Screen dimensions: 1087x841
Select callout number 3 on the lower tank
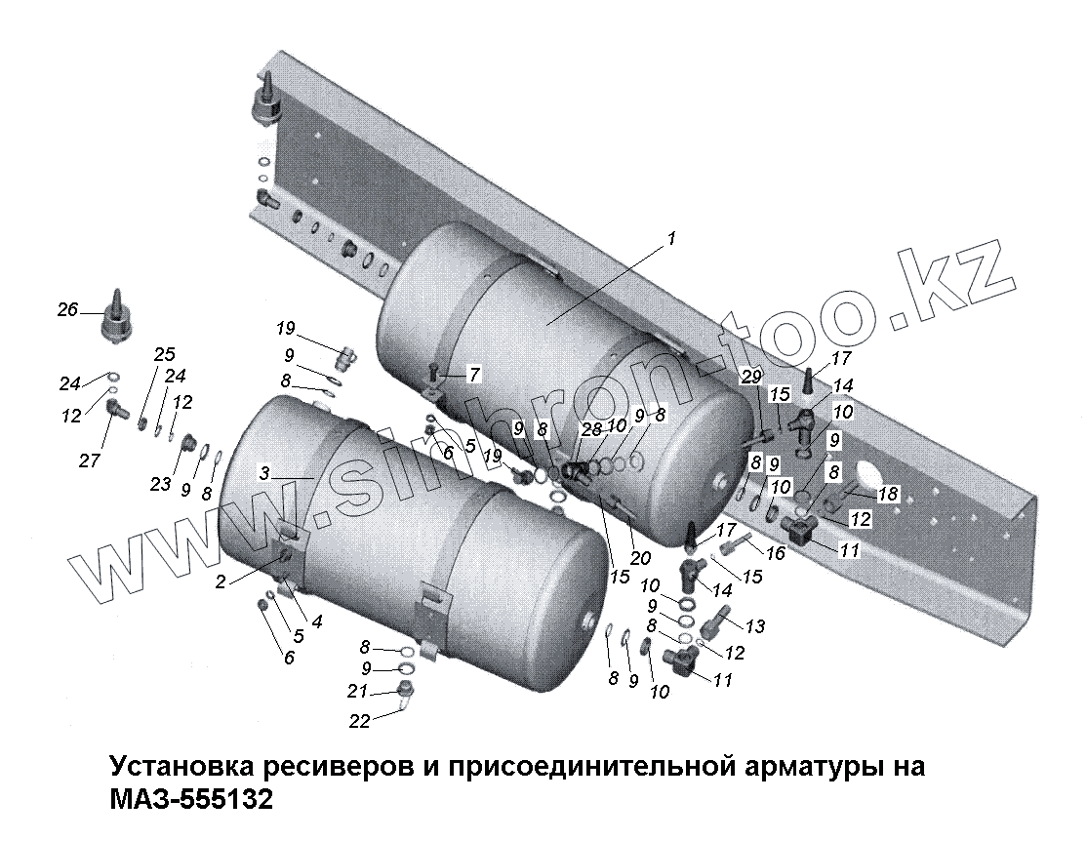click(x=264, y=474)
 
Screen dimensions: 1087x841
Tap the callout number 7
click(x=474, y=374)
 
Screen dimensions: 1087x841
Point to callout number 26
click(x=66, y=310)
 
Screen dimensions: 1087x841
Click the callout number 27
click(x=90, y=461)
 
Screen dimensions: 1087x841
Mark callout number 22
click(x=360, y=721)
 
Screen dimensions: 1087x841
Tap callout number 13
click(x=755, y=626)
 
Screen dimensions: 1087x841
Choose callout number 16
click(x=776, y=553)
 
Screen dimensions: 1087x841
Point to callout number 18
click(x=887, y=495)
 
